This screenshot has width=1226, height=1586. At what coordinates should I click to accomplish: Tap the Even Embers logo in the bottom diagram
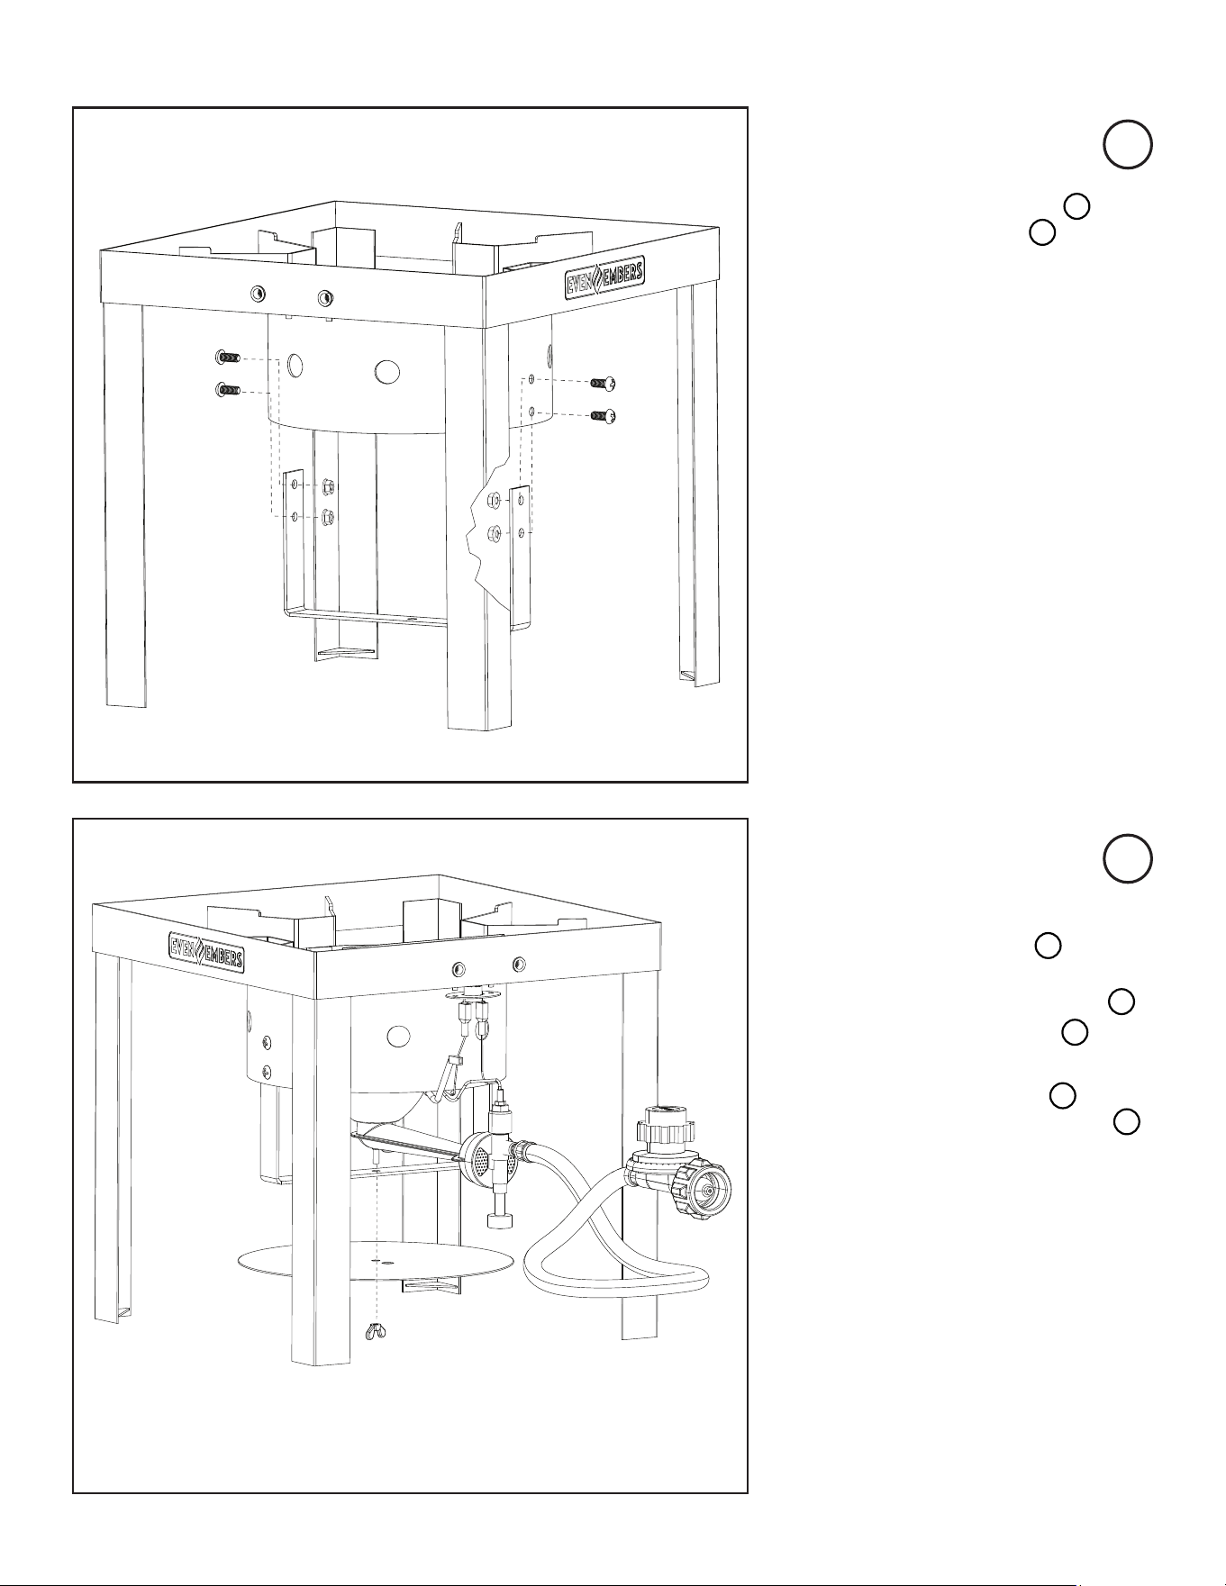[x=206, y=950]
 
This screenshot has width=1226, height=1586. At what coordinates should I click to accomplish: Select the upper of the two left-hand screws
[x=228, y=358]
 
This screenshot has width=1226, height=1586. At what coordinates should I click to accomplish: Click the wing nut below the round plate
[x=374, y=1331]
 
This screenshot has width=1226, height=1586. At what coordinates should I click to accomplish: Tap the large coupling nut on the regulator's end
[x=705, y=1192]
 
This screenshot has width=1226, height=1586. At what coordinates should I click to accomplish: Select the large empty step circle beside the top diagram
[x=1127, y=144]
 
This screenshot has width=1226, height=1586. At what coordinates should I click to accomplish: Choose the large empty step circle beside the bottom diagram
[x=1127, y=859]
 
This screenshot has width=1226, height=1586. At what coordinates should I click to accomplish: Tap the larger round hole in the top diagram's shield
[x=387, y=370]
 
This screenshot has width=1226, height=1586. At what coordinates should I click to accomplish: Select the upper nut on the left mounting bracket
[x=328, y=487]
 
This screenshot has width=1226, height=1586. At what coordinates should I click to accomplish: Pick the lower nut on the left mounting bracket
[x=328, y=518]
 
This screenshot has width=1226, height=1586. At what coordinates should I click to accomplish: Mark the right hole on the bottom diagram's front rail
[x=518, y=965]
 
